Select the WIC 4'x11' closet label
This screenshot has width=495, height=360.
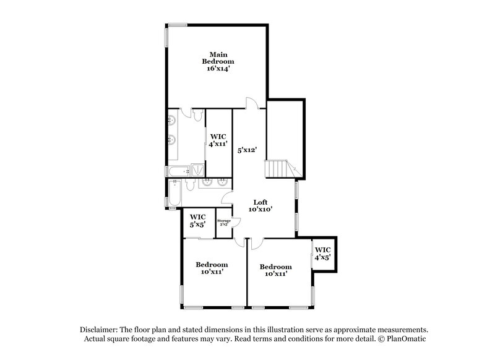[218, 140]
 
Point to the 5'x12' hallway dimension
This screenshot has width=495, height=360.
[247, 149]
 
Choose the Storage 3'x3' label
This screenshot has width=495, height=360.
[223, 222]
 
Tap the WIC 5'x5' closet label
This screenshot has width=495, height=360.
[197, 220]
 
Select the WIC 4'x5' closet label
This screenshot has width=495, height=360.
[322, 253]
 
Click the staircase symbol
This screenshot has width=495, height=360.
[280, 168]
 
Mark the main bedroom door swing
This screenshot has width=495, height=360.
[251, 103]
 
